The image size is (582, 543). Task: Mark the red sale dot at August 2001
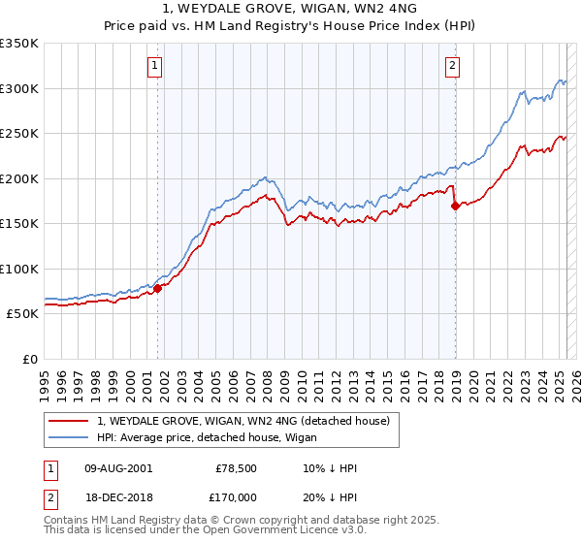pyautogui.click(x=157, y=288)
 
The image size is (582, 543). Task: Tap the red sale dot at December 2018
pyautogui.click(x=455, y=206)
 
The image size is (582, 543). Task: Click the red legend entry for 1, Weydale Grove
pyautogui.click(x=242, y=421)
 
